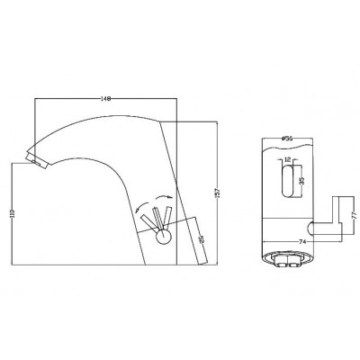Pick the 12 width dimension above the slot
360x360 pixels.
(285, 159)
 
